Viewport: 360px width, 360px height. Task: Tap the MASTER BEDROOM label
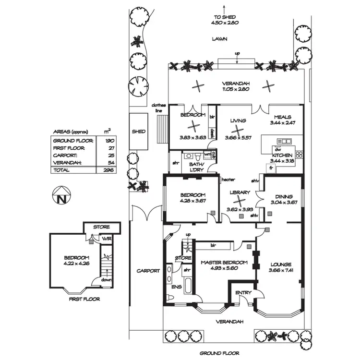(225, 263)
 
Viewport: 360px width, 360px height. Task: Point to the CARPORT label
(147, 271)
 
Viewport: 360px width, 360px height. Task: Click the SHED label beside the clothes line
(139, 131)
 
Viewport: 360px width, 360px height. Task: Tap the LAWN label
(221, 39)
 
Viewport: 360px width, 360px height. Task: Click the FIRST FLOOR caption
(84, 299)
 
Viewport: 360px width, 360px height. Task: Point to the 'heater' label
(228, 180)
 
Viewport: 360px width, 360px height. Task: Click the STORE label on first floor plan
(102, 227)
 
